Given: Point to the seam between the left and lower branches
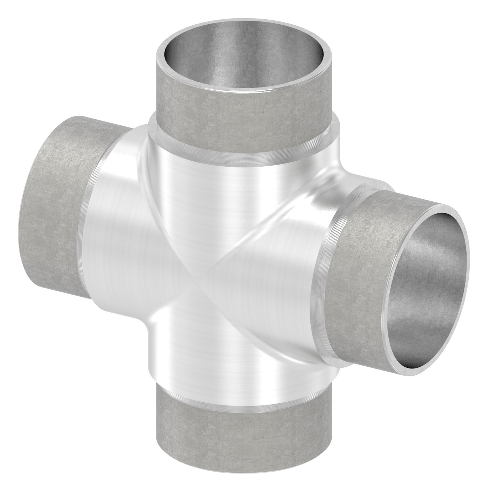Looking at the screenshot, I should click(x=168, y=314).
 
